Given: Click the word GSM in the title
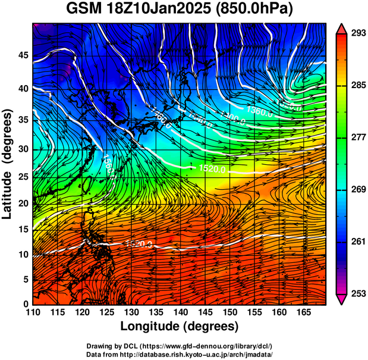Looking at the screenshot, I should pyautogui.click(x=85, y=10).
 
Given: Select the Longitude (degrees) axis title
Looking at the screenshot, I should pyautogui.click(x=180, y=326).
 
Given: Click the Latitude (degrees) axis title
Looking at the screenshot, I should pyautogui.click(x=8, y=164).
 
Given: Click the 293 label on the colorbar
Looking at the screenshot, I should pyautogui.click(x=358, y=34).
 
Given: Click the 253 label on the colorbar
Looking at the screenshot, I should pyautogui.click(x=358, y=294).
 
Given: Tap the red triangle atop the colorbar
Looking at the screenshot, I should pyautogui.click(x=342, y=28).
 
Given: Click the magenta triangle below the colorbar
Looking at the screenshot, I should pyautogui.click(x=342, y=300).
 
